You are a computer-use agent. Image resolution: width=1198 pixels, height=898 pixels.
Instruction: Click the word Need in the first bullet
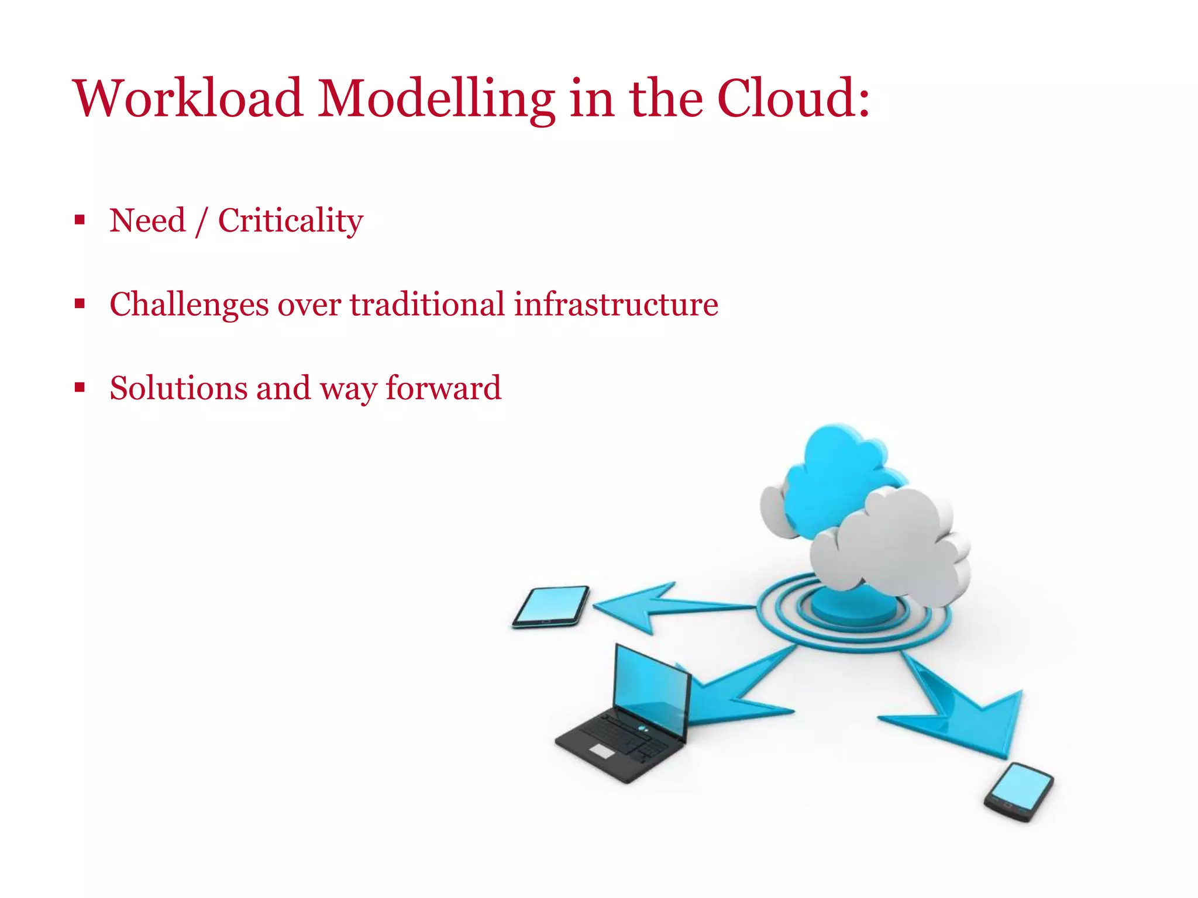pyautogui.click(x=147, y=220)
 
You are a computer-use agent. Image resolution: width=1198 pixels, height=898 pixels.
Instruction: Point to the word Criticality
pyautogui.click(x=291, y=222)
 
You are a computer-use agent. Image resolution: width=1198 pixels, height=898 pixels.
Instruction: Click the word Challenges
pyautogui.click(x=189, y=305)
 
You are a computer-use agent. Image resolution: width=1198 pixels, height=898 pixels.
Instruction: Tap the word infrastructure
pyautogui.click(x=616, y=305)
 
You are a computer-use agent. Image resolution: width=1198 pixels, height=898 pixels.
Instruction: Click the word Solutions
pyautogui.click(x=178, y=388)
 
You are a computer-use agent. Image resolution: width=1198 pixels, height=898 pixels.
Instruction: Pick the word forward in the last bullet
pyautogui.click(x=443, y=388)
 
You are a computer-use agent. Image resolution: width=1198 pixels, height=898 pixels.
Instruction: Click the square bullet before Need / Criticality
pyautogui.click(x=80, y=220)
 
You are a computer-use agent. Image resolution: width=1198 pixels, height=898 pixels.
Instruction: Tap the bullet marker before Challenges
pyautogui.click(x=80, y=304)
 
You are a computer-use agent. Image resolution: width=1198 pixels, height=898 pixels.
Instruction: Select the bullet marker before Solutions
pyautogui.click(x=80, y=388)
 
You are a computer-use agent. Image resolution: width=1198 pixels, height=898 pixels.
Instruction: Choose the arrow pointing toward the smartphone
pyautogui.click(x=965, y=713)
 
